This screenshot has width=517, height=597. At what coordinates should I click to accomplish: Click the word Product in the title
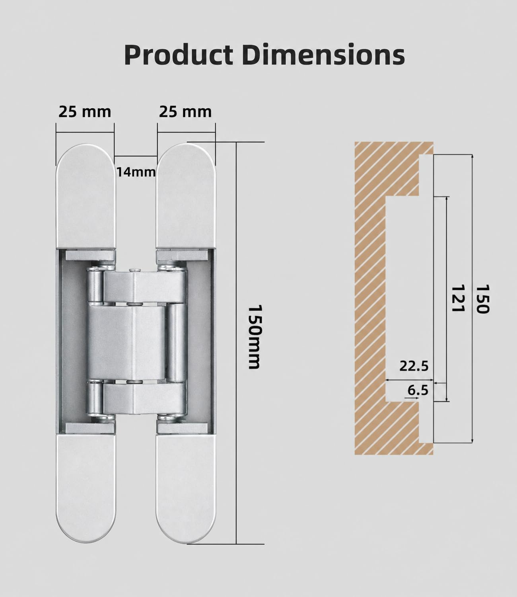(179, 55)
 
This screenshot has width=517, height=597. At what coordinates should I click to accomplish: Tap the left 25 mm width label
(85, 112)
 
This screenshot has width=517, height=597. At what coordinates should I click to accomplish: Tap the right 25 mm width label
(185, 112)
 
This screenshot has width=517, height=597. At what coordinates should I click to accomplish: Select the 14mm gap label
(136, 172)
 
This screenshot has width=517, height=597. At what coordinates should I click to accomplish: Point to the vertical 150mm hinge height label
(255, 336)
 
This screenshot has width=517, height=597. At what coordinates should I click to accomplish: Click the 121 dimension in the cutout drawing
(458, 298)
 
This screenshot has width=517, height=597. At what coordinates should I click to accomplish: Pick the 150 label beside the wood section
(482, 299)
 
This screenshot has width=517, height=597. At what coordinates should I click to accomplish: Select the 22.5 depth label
(414, 366)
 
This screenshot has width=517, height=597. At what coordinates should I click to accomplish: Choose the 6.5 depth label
(418, 390)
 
